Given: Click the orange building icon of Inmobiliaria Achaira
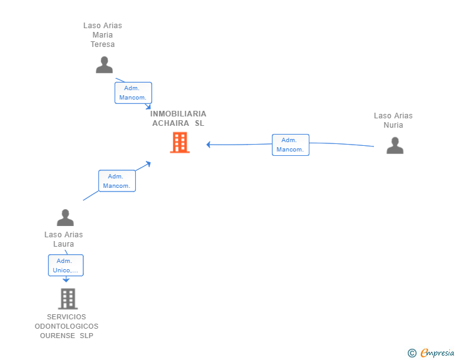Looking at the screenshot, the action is (x=180, y=143).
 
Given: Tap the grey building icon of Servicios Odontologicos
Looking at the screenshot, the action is (x=68, y=299).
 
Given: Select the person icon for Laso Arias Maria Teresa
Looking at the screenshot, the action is (x=104, y=65).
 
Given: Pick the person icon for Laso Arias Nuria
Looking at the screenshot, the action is (x=395, y=145).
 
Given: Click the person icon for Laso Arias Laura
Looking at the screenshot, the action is (x=65, y=217).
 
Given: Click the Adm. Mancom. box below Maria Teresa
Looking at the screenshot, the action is (x=133, y=93).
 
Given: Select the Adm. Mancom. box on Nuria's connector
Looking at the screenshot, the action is (x=291, y=145).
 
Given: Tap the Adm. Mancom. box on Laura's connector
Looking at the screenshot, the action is (x=117, y=181).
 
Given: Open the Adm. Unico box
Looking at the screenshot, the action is (x=66, y=265).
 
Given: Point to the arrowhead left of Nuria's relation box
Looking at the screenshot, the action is (x=208, y=145).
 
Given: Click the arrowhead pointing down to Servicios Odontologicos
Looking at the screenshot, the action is (x=66, y=280).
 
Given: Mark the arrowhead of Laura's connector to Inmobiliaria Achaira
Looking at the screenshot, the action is (x=148, y=164).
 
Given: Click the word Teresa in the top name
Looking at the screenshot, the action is (x=103, y=44).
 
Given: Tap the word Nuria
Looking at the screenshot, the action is (x=393, y=125).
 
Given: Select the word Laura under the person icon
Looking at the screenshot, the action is (x=63, y=244).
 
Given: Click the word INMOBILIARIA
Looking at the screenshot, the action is (x=178, y=114).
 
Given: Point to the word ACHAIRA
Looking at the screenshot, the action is (x=171, y=123).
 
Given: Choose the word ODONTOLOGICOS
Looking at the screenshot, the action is (x=66, y=326).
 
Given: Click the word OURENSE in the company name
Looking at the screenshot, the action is (x=57, y=336).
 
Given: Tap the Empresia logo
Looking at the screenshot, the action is (x=431, y=352).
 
